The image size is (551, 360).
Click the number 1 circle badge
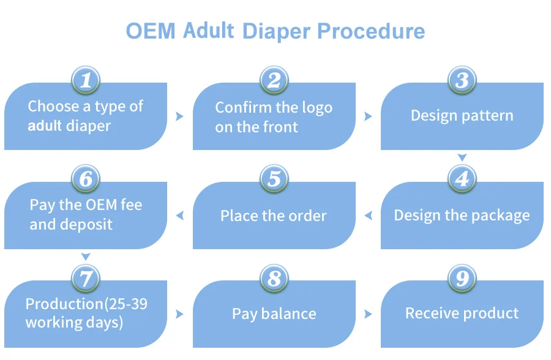(86, 80)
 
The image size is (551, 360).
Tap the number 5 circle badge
(274, 179)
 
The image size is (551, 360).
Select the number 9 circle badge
(462, 279)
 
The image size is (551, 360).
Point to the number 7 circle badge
(86, 279)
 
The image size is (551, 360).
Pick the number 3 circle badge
(462, 80)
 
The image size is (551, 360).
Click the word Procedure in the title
(373, 31)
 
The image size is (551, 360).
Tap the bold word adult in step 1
(45, 126)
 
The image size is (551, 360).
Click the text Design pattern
(462, 116)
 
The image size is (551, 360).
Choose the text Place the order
(274, 216)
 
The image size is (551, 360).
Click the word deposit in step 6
(86, 224)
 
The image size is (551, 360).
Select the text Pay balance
(274, 314)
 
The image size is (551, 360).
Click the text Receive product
(462, 313)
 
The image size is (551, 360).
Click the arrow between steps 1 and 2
(180, 116)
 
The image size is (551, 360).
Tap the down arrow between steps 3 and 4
(462, 158)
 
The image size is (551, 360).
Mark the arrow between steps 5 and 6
(180, 215)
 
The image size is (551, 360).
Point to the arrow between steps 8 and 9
(368, 314)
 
